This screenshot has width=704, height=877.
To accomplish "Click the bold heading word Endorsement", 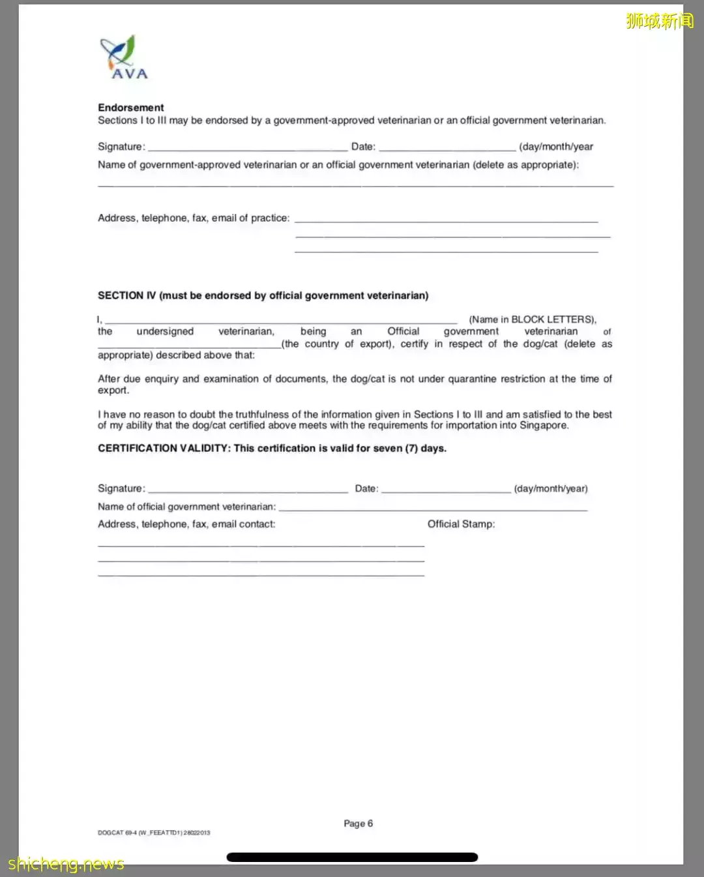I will [131, 108].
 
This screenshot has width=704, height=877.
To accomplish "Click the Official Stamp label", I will [461, 524].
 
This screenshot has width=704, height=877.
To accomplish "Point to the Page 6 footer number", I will [358, 824].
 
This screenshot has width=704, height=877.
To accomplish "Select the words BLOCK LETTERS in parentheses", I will [553, 320].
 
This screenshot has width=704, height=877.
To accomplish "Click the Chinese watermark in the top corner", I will [659, 21].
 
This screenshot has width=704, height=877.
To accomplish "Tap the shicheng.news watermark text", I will [66, 864].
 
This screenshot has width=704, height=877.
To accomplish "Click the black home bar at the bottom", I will [352, 857].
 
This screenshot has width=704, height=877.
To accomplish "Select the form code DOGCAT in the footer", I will [110, 833].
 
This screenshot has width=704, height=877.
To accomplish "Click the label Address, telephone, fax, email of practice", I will [194, 218].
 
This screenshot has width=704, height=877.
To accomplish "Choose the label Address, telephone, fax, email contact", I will [186, 524].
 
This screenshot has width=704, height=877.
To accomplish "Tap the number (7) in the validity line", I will [411, 449].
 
